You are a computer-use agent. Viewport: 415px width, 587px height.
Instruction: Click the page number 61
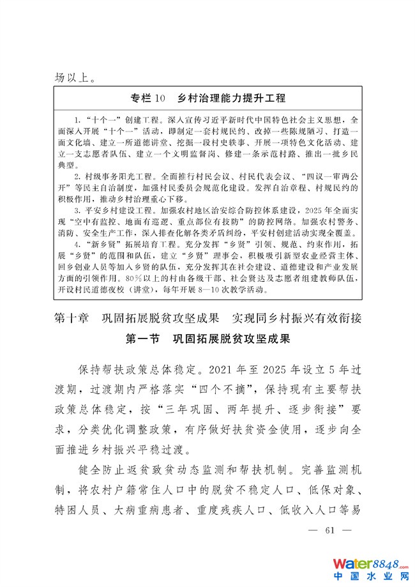[329, 530]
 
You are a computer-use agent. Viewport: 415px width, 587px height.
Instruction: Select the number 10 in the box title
[160, 98]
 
